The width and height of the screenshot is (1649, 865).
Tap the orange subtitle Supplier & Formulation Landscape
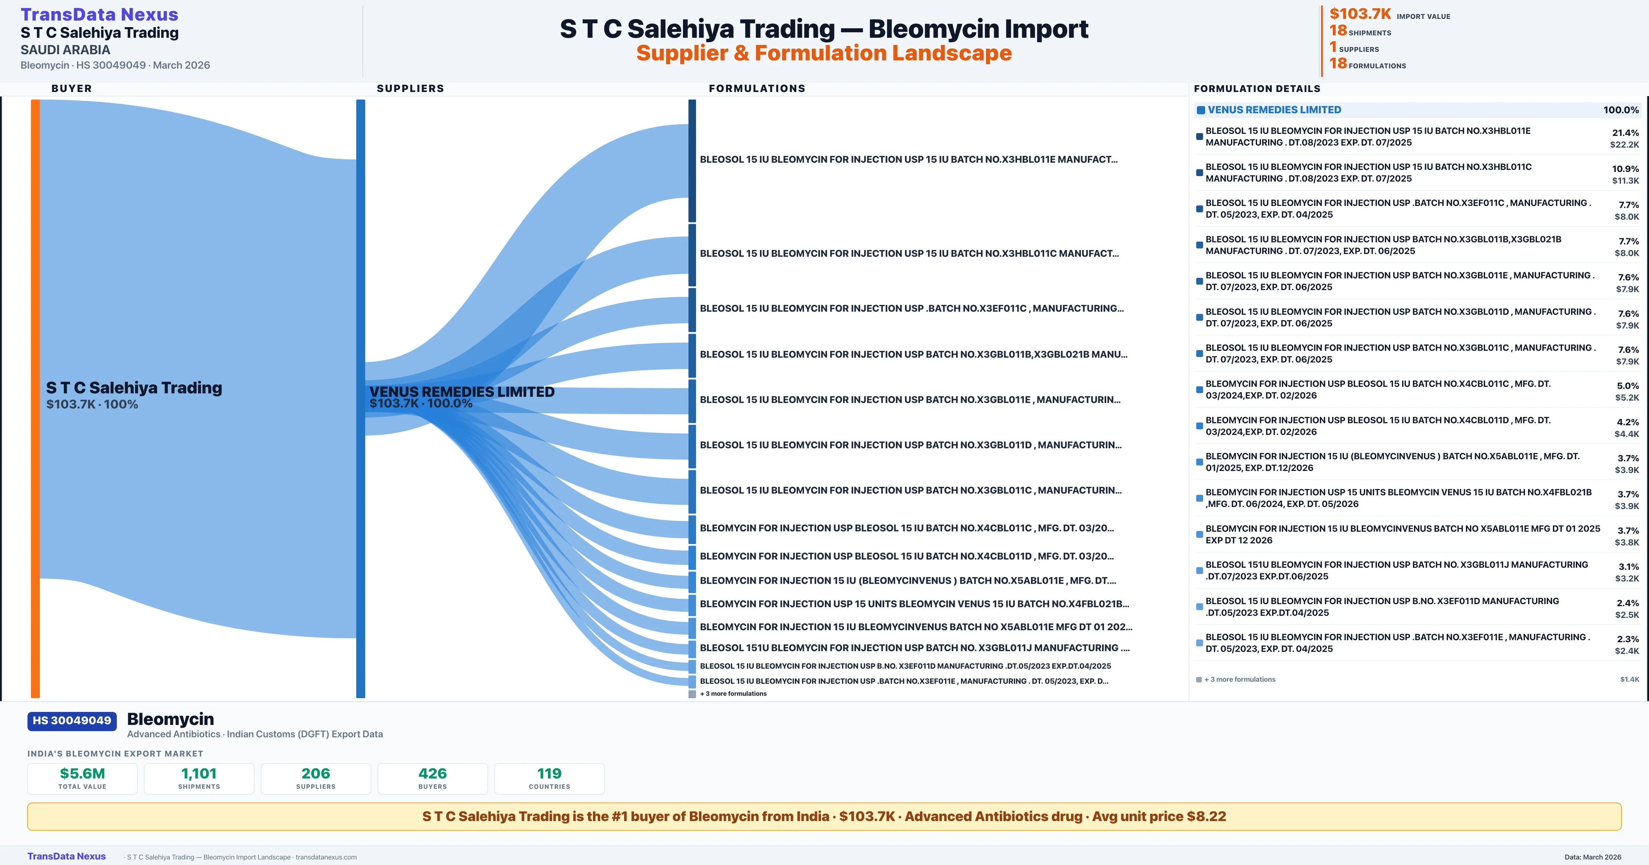[824, 53]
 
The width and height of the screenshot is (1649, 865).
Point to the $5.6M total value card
[82, 778]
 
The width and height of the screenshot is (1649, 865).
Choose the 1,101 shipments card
[199, 778]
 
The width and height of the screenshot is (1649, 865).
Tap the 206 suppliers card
[316, 778]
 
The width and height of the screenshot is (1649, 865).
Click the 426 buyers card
[433, 778]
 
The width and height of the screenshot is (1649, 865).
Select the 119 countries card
[549, 778]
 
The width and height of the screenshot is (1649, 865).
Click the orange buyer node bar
[35, 398]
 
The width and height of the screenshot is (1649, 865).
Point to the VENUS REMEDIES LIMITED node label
[461, 392]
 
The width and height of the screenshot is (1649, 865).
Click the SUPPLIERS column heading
[410, 88]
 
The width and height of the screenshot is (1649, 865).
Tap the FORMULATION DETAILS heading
[1257, 88]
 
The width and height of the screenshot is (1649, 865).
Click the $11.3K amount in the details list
[1625, 181]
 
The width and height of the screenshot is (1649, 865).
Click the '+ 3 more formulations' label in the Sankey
[733, 693]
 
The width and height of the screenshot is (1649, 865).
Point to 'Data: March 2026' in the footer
[1593, 857]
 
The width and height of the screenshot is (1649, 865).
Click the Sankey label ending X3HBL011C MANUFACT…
[909, 253]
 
